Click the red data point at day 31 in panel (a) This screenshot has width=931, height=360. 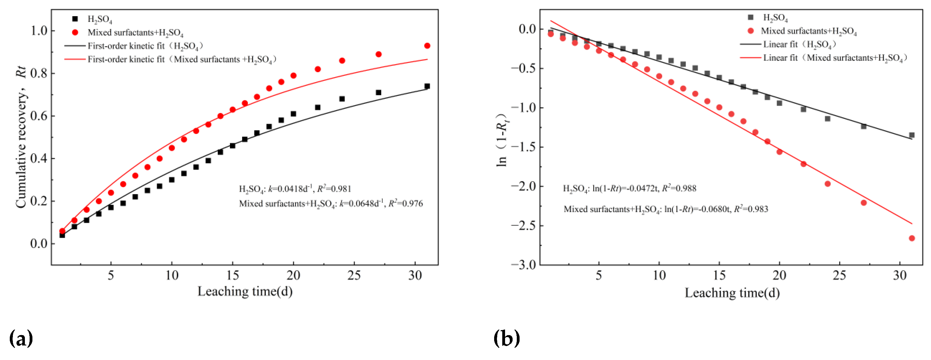(x=427, y=46)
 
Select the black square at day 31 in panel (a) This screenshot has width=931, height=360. (x=427, y=86)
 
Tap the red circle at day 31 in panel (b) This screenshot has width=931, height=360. (x=912, y=238)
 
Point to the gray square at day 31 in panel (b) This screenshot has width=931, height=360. (x=912, y=135)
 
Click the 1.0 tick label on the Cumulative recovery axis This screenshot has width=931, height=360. (x=39, y=31)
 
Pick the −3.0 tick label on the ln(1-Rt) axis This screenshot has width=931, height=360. (x=523, y=265)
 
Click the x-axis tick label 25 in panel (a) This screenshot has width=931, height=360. (x=354, y=275)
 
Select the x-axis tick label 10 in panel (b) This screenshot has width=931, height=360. (x=659, y=275)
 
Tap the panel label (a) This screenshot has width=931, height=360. (x=21, y=338)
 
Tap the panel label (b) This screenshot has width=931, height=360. (x=507, y=338)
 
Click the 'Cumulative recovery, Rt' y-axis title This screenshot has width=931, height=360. (x=21, y=137)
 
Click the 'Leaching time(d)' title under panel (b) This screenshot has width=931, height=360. (x=732, y=293)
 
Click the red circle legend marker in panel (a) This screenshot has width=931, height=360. (x=75, y=32)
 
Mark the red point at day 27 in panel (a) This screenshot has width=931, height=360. (x=379, y=54)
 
